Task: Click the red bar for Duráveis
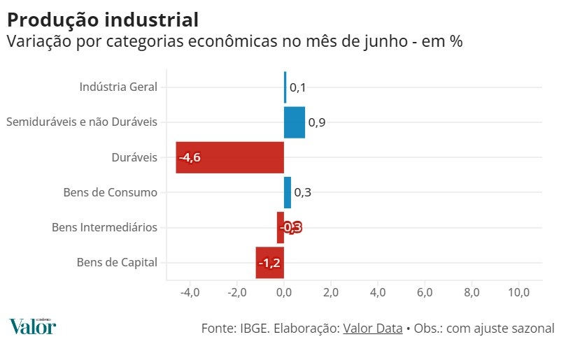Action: [x=230, y=157]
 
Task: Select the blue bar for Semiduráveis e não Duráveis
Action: [x=295, y=122]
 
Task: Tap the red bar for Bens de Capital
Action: [x=269, y=263]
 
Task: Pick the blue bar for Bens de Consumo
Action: [x=288, y=192]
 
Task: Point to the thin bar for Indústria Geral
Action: [x=285, y=87]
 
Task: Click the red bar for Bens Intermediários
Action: [x=281, y=227]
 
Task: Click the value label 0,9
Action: [x=317, y=123]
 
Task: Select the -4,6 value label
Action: [x=190, y=158]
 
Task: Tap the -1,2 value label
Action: [x=269, y=264]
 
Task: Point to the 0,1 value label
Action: [x=298, y=88]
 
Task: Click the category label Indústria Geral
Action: [x=118, y=87]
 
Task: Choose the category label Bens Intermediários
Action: [x=105, y=227]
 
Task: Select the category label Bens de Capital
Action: [x=117, y=263]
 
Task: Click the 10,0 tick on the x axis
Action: [x=518, y=292]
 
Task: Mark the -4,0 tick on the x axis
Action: [x=190, y=292]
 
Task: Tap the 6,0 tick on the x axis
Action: [x=425, y=292]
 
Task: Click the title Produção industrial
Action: [x=102, y=20]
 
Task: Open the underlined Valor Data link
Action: [x=372, y=328]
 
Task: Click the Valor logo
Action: [x=32, y=326]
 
